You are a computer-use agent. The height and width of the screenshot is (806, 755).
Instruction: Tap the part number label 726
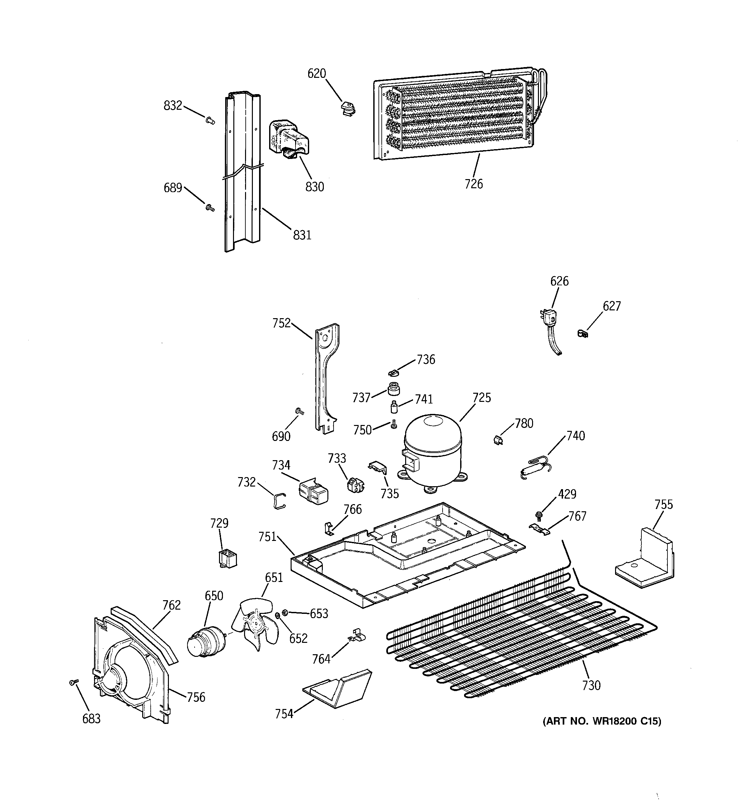474,184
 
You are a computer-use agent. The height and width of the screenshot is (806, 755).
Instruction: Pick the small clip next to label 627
583,334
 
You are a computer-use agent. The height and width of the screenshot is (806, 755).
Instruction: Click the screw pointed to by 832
210,120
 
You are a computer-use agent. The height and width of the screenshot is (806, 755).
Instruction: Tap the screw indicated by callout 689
210,208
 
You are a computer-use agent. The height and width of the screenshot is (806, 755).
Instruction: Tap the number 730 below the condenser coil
591,686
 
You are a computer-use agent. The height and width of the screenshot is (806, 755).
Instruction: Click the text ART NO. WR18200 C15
601,721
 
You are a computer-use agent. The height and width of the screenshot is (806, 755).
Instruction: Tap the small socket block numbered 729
227,558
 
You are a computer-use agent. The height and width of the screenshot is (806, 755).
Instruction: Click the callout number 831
302,235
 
